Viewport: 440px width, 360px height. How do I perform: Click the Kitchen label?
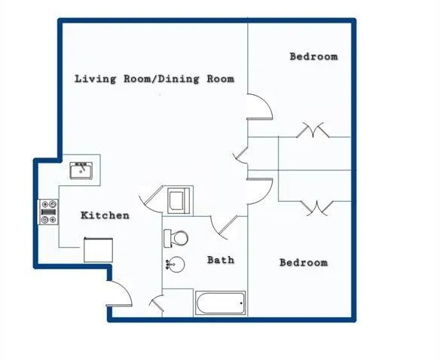pyautogui.click(x=105, y=215)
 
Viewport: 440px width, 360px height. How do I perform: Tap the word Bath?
pyautogui.click(x=221, y=260)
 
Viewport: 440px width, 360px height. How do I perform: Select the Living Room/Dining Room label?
pyautogui.click(x=154, y=78)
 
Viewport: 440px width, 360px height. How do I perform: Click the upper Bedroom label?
pyautogui.click(x=313, y=56)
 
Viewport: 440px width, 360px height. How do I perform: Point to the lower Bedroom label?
pyautogui.click(x=304, y=263)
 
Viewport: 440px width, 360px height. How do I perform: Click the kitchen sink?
pyautogui.click(x=81, y=171)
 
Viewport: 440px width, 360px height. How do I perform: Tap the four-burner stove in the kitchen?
pyautogui.click(x=49, y=212)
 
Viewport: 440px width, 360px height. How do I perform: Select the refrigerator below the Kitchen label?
pyautogui.click(x=98, y=249)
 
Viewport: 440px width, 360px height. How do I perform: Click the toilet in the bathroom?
pyautogui.click(x=176, y=238)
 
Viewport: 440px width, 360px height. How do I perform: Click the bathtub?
pyautogui.click(x=220, y=304)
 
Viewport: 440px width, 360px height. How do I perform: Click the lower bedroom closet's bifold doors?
pyautogui.click(x=314, y=206)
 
